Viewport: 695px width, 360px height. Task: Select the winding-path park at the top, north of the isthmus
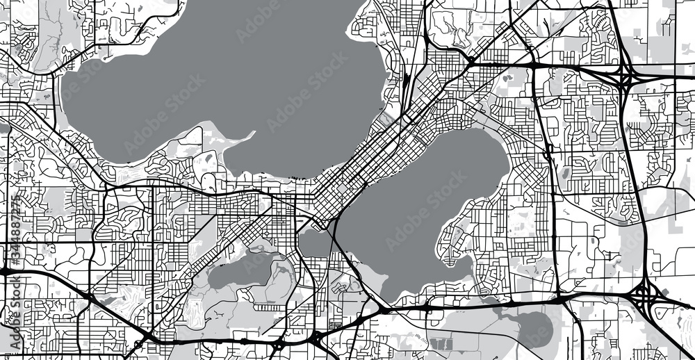coord(452,28)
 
